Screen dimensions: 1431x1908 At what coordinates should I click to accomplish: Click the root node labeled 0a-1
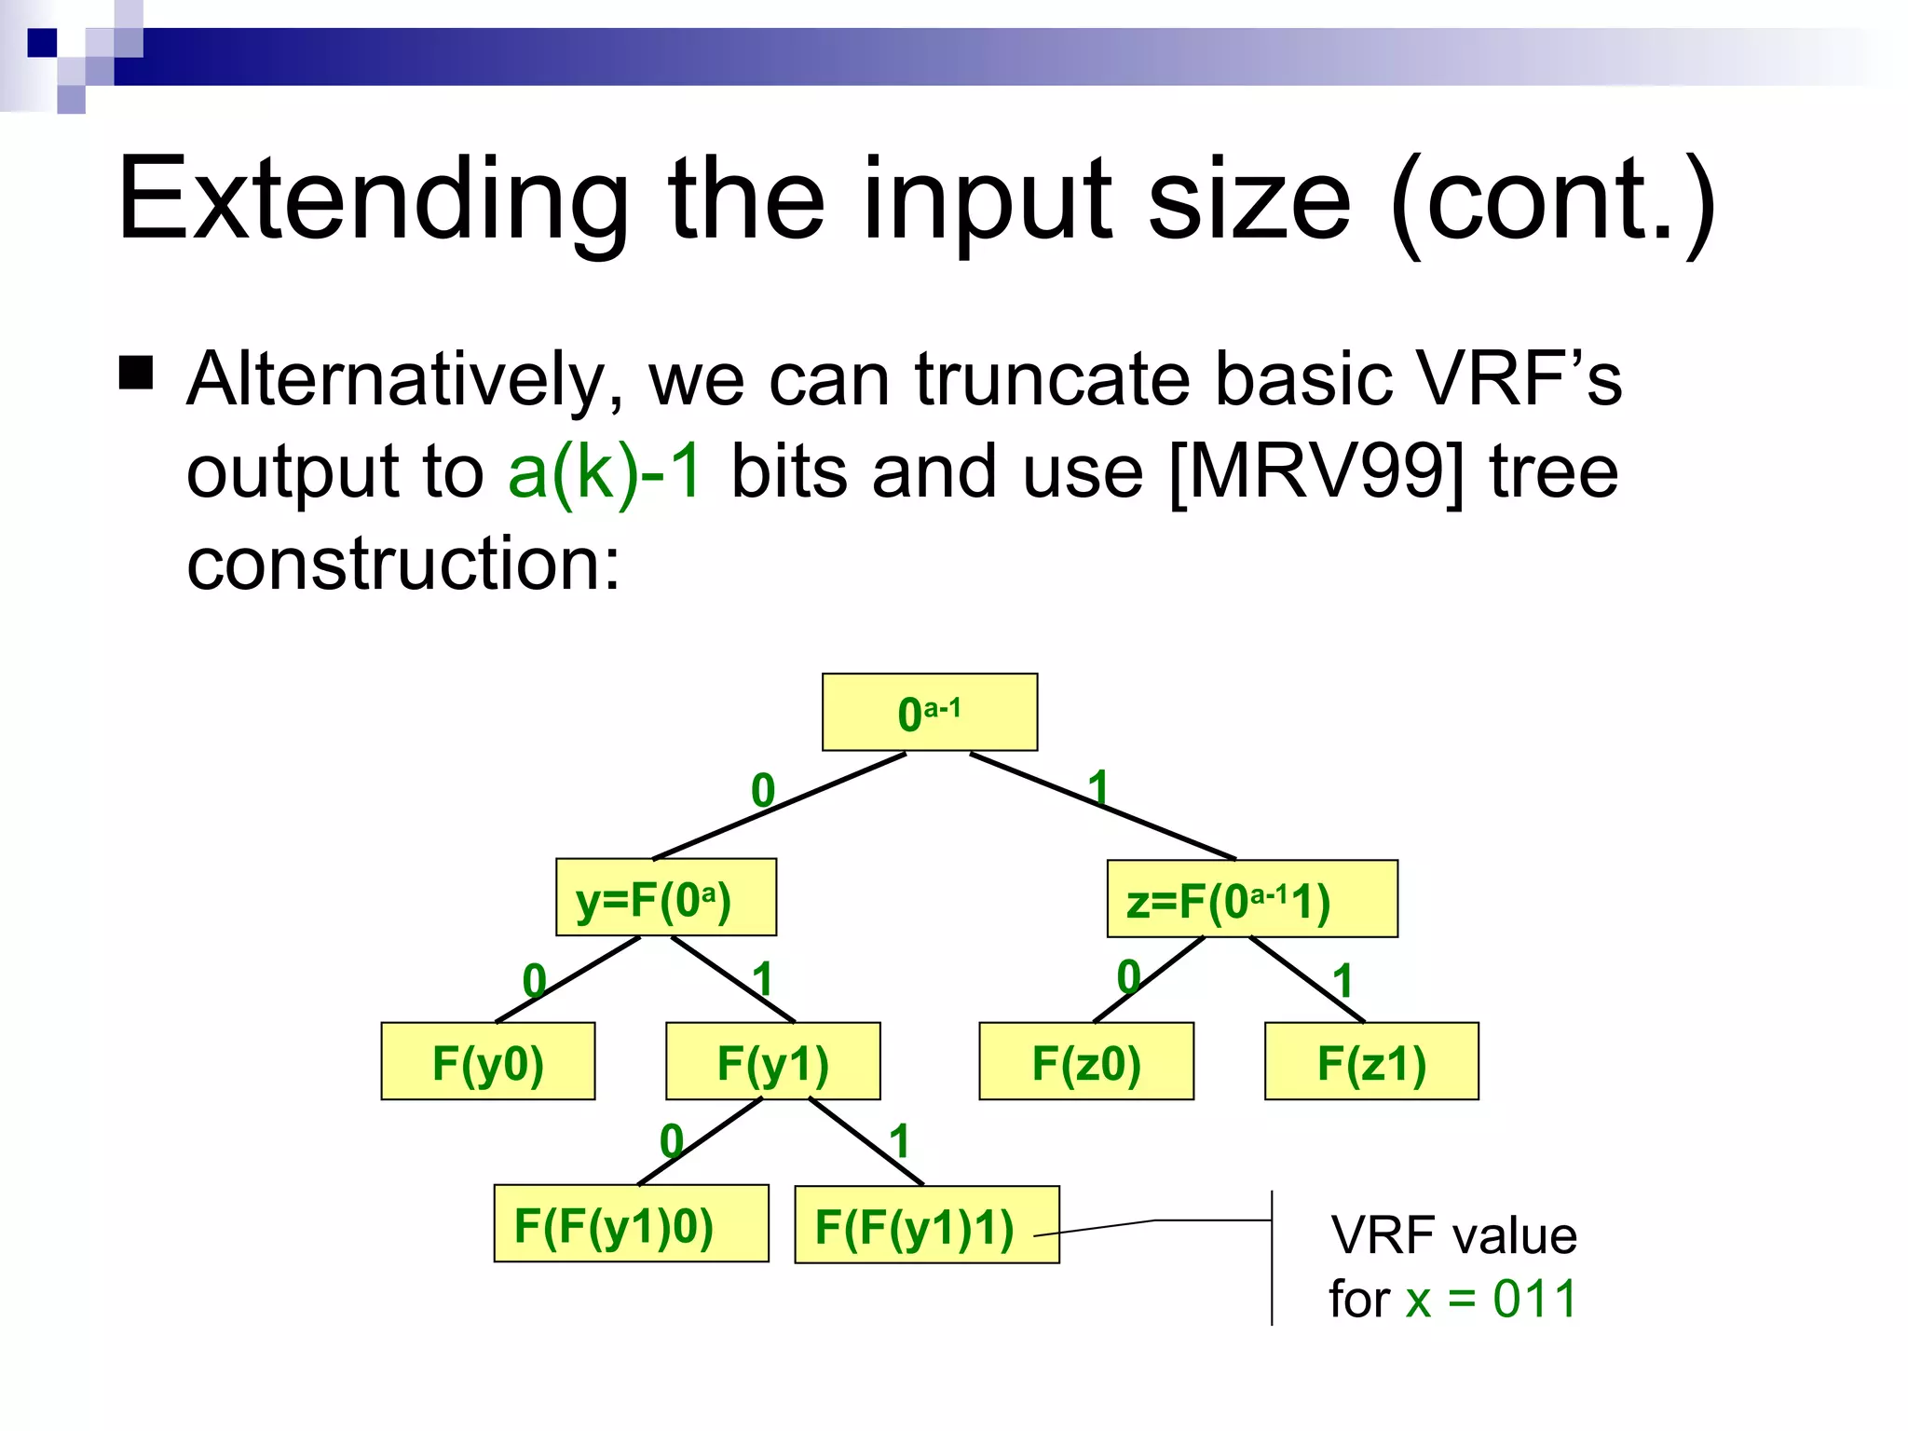[x=929, y=713]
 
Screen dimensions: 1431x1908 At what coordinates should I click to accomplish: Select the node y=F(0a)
[x=665, y=897]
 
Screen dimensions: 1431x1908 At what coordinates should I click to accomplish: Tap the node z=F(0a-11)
[x=1251, y=899]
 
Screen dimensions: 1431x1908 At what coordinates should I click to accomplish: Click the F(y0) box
[x=487, y=1061]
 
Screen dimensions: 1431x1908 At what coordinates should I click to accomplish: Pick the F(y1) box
[x=772, y=1061]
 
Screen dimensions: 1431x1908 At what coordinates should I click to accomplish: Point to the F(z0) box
[x=1085, y=1061]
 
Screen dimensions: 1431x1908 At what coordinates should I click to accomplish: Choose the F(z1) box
[x=1370, y=1061]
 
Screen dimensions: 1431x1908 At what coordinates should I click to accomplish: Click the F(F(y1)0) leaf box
[x=631, y=1224]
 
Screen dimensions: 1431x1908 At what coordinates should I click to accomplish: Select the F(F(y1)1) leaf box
[x=926, y=1225]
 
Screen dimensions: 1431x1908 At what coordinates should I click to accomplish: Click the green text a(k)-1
[x=605, y=471]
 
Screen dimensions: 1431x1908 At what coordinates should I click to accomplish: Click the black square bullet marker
[x=137, y=373]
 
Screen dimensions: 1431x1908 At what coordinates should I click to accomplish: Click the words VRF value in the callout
[x=1453, y=1235]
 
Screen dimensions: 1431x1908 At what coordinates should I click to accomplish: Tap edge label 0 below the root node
[x=763, y=791]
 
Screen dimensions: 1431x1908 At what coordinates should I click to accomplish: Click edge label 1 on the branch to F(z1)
[x=1342, y=980]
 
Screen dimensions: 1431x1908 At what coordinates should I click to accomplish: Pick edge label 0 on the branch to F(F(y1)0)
[x=672, y=1141]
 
